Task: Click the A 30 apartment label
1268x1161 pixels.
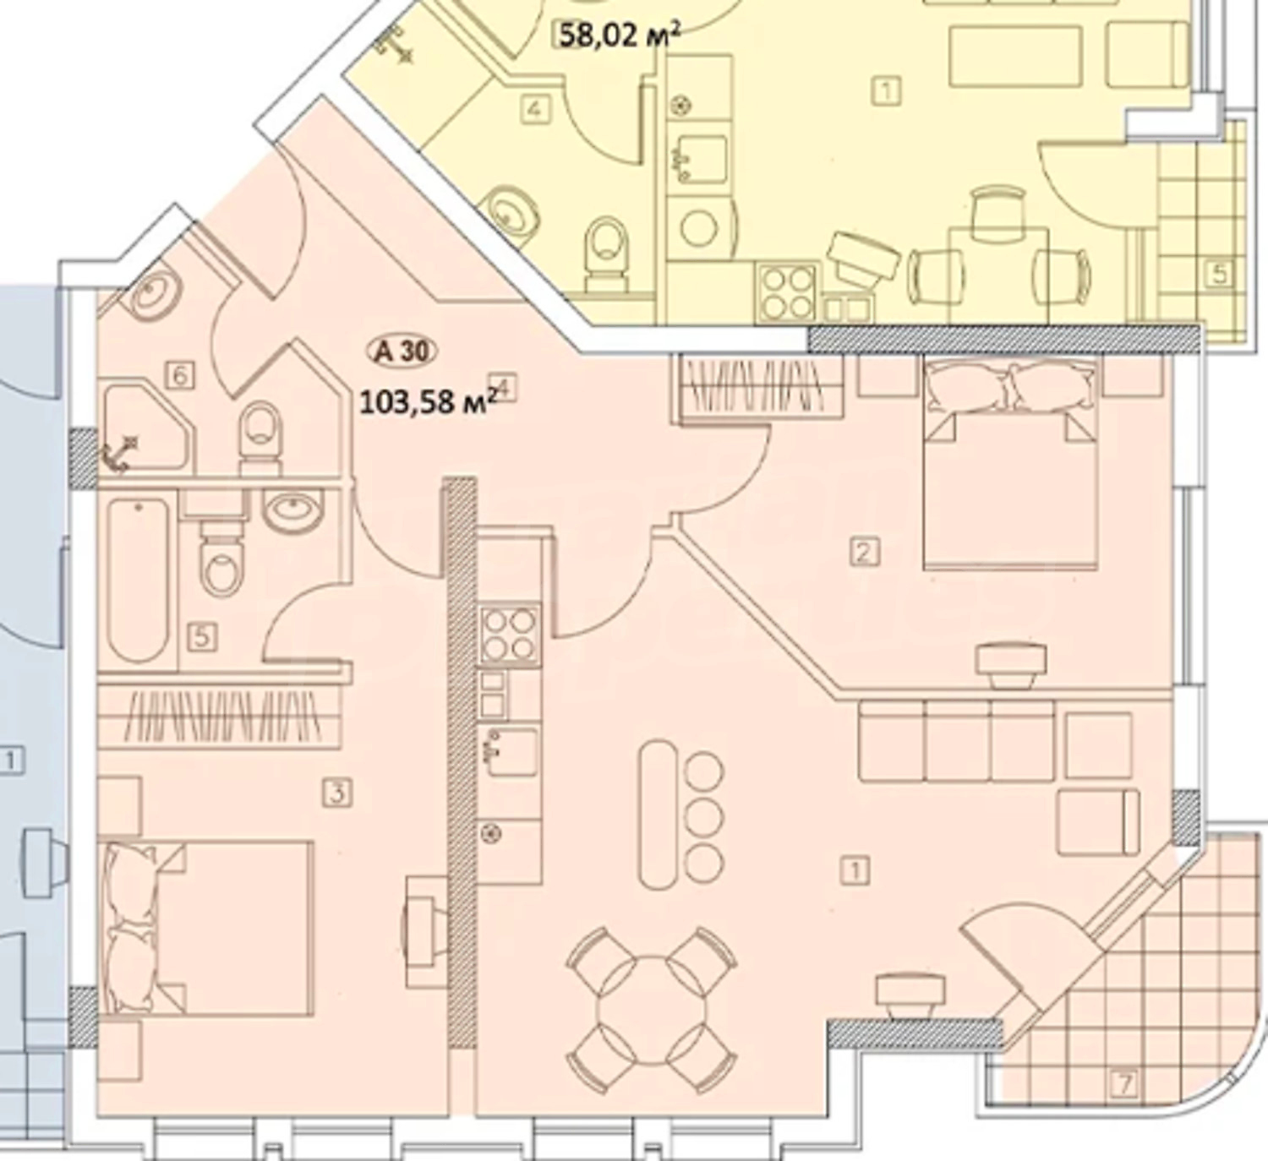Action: click(402, 352)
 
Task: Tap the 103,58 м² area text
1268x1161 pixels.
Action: click(427, 402)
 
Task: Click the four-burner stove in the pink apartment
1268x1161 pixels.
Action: click(509, 635)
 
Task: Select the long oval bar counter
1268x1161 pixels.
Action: click(658, 815)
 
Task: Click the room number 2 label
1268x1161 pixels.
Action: click(864, 553)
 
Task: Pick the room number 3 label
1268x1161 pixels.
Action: click(337, 792)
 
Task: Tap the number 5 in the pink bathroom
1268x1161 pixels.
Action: click(202, 637)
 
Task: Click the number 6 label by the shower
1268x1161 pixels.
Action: click(179, 376)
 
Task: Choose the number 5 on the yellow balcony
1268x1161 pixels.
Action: click(1219, 274)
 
